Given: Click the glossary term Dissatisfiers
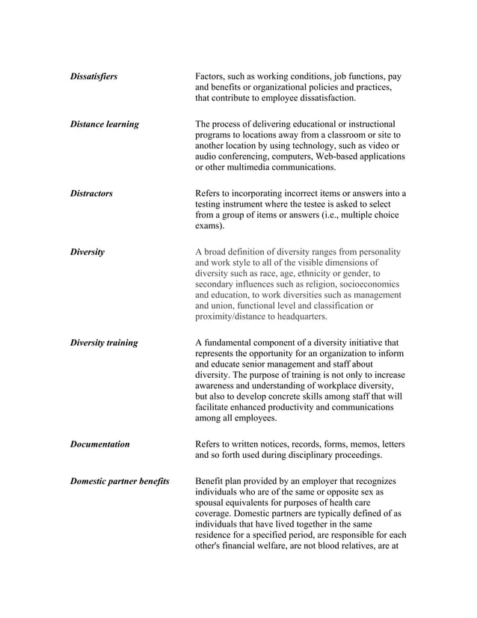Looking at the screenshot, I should point(93,76).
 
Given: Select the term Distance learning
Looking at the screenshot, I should point(104,124).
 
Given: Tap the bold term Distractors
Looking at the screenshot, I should point(91,193).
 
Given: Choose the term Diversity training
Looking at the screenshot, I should point(104,343).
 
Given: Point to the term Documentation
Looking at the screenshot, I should point(99,444).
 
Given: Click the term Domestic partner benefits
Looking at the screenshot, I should point(120,480).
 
